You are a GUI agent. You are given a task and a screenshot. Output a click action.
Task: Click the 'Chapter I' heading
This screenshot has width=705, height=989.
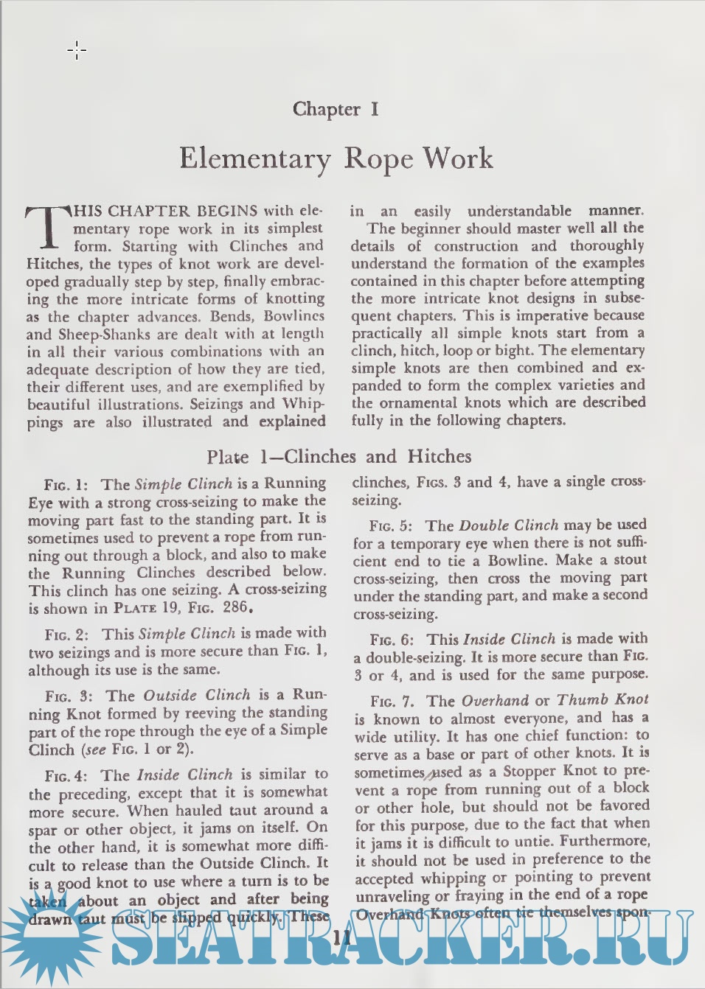[x=336, y=109]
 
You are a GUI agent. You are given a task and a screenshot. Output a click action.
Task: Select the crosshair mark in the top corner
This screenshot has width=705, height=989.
[x=77, y=51]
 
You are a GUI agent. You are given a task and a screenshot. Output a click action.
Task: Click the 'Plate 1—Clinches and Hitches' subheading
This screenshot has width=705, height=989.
[x=338, y=456]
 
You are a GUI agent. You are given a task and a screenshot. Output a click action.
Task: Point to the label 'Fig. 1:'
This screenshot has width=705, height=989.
[x=66, y=485]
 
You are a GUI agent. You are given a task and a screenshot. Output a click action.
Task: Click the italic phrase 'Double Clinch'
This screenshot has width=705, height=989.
[x=508, y=525]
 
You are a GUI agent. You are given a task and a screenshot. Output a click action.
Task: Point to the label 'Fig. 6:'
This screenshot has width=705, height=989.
[x=392, y=640]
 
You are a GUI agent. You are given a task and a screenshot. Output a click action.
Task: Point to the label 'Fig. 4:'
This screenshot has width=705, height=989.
[x=66, y=775]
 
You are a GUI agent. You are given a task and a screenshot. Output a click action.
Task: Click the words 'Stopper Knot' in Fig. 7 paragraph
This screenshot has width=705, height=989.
[x=549, y=771]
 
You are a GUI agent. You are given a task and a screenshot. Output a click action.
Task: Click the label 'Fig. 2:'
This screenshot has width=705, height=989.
[x=66, y=635]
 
